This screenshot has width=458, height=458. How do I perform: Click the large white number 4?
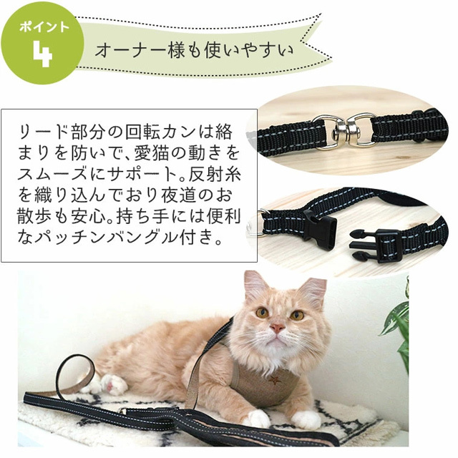[42, 54]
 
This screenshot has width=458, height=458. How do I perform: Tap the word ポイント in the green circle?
[44, 27]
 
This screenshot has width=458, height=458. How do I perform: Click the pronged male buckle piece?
[375, 243]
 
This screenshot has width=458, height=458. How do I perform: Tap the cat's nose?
[276, 328]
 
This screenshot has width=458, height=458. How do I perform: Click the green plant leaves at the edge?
[398, 322]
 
